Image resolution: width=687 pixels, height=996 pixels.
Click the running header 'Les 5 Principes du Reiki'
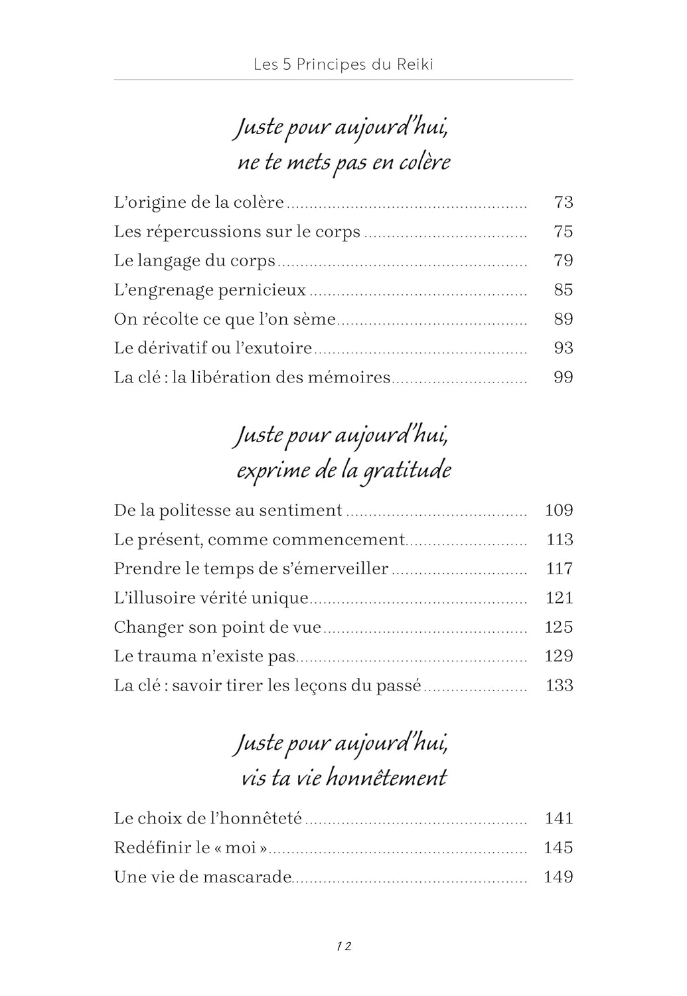[343, 64]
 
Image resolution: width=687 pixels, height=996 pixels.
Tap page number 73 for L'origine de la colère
[563, 202]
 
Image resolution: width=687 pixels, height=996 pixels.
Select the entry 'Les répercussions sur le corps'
[237, 232]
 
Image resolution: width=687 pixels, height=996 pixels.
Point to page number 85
[563, 290]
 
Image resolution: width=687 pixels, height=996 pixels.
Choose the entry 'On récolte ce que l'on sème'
[225, 319]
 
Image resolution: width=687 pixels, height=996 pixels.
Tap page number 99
[563, 377]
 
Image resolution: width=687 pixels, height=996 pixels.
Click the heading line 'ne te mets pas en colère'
[344, 162]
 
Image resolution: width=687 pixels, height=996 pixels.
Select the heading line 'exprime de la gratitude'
[344, 470]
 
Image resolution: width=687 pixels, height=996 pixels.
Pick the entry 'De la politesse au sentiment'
[228, 510]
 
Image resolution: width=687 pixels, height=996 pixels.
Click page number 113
[559, 539]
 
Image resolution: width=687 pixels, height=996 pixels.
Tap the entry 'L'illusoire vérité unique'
[211, 598]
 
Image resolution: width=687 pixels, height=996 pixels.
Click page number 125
[558, 627]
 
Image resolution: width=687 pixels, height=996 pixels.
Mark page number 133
[559, 685]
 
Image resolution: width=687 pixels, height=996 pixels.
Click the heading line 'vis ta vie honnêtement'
[344, 778]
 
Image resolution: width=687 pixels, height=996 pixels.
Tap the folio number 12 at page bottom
[343, 946]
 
